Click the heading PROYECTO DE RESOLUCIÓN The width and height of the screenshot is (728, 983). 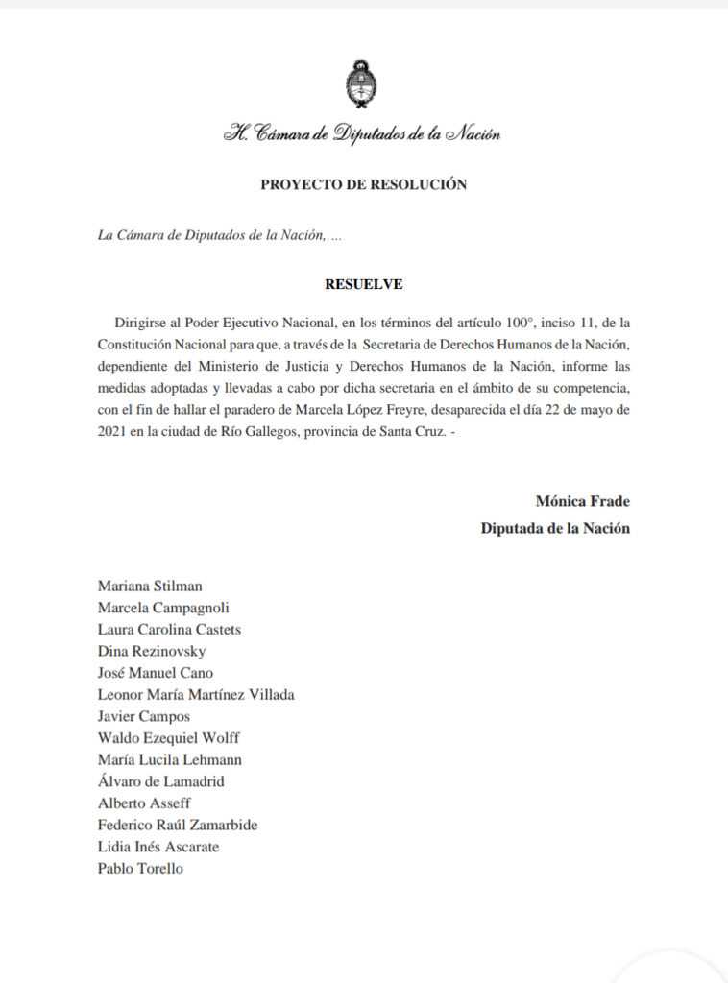click(363, 185)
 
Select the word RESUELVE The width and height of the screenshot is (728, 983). click(363, 284)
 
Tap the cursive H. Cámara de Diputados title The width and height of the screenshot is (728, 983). click(362, 134)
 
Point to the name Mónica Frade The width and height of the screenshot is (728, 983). click(582, 501)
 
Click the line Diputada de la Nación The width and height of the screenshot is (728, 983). click(555, 528)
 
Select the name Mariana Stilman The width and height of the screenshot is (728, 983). click(150, 586)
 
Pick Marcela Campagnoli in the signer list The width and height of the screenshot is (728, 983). click(163, 608)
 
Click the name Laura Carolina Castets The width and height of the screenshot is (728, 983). click(169, 630)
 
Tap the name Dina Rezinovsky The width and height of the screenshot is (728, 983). click(152, 652)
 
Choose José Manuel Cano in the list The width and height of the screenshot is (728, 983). click(156, 673)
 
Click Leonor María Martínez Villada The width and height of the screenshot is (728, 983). click(196, 694)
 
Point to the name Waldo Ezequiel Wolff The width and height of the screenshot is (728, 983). click(169, 738)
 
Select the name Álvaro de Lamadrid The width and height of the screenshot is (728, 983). click(161, 781)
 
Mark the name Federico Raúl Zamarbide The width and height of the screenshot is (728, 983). click(178, 825)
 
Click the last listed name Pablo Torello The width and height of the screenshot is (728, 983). click(140, 869)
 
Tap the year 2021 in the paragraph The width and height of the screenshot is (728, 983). click(113, 431)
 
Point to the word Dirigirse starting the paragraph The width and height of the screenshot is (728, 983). click(143, 321)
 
